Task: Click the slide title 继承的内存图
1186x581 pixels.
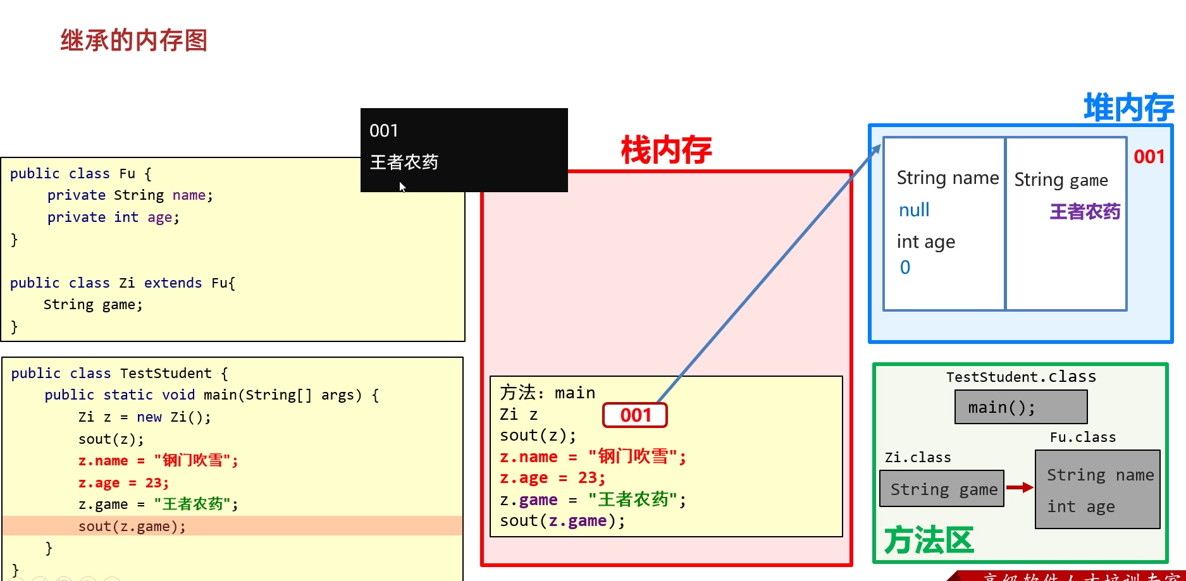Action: (133, 40)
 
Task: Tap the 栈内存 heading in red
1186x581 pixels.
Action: (666, 150)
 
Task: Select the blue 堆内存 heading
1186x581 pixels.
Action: (1128, 107)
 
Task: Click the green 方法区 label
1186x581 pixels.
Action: (928, 541)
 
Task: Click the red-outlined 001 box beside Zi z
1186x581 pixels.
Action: (635, 415)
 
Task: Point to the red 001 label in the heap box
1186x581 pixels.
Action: (1149, 157)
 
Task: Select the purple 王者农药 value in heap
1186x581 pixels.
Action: (1085, 211)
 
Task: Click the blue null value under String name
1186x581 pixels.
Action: (914, 210)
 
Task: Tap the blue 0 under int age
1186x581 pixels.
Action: (905, 267)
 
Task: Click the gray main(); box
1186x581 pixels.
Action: (1020, 407)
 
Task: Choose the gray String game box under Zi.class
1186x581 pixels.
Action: (942, 489)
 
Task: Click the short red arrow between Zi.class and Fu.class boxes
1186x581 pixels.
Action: (1019, 487)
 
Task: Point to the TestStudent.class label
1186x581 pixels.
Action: (1020, 377)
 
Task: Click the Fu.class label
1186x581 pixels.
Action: (1082, 437)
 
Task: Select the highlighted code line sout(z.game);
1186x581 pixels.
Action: (132, 526)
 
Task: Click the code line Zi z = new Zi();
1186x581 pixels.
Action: (144, 417)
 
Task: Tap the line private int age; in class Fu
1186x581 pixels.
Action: (113, 217)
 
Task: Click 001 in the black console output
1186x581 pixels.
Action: (384, 131)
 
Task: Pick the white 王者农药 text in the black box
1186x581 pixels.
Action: (404, 162)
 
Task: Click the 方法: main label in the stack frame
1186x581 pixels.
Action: (547, 393)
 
